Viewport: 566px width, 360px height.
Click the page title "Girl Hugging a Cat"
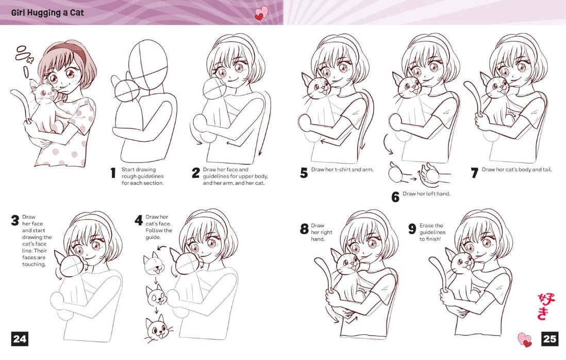47,13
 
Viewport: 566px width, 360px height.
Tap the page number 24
20,339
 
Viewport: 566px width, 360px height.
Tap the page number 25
550,339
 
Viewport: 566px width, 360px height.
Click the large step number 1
113,173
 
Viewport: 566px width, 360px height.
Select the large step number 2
196,173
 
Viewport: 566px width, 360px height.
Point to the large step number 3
15,220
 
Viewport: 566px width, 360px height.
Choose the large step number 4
139,220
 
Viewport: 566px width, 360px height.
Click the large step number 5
304,173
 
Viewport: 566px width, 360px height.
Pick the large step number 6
395,197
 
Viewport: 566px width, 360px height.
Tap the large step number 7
475,173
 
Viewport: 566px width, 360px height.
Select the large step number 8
304,228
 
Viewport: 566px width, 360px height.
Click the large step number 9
412,228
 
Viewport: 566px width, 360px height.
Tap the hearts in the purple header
262,13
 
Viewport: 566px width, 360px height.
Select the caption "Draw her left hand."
426,194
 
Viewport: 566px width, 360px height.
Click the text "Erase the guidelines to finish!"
432,232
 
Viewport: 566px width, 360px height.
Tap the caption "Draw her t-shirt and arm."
342,170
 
